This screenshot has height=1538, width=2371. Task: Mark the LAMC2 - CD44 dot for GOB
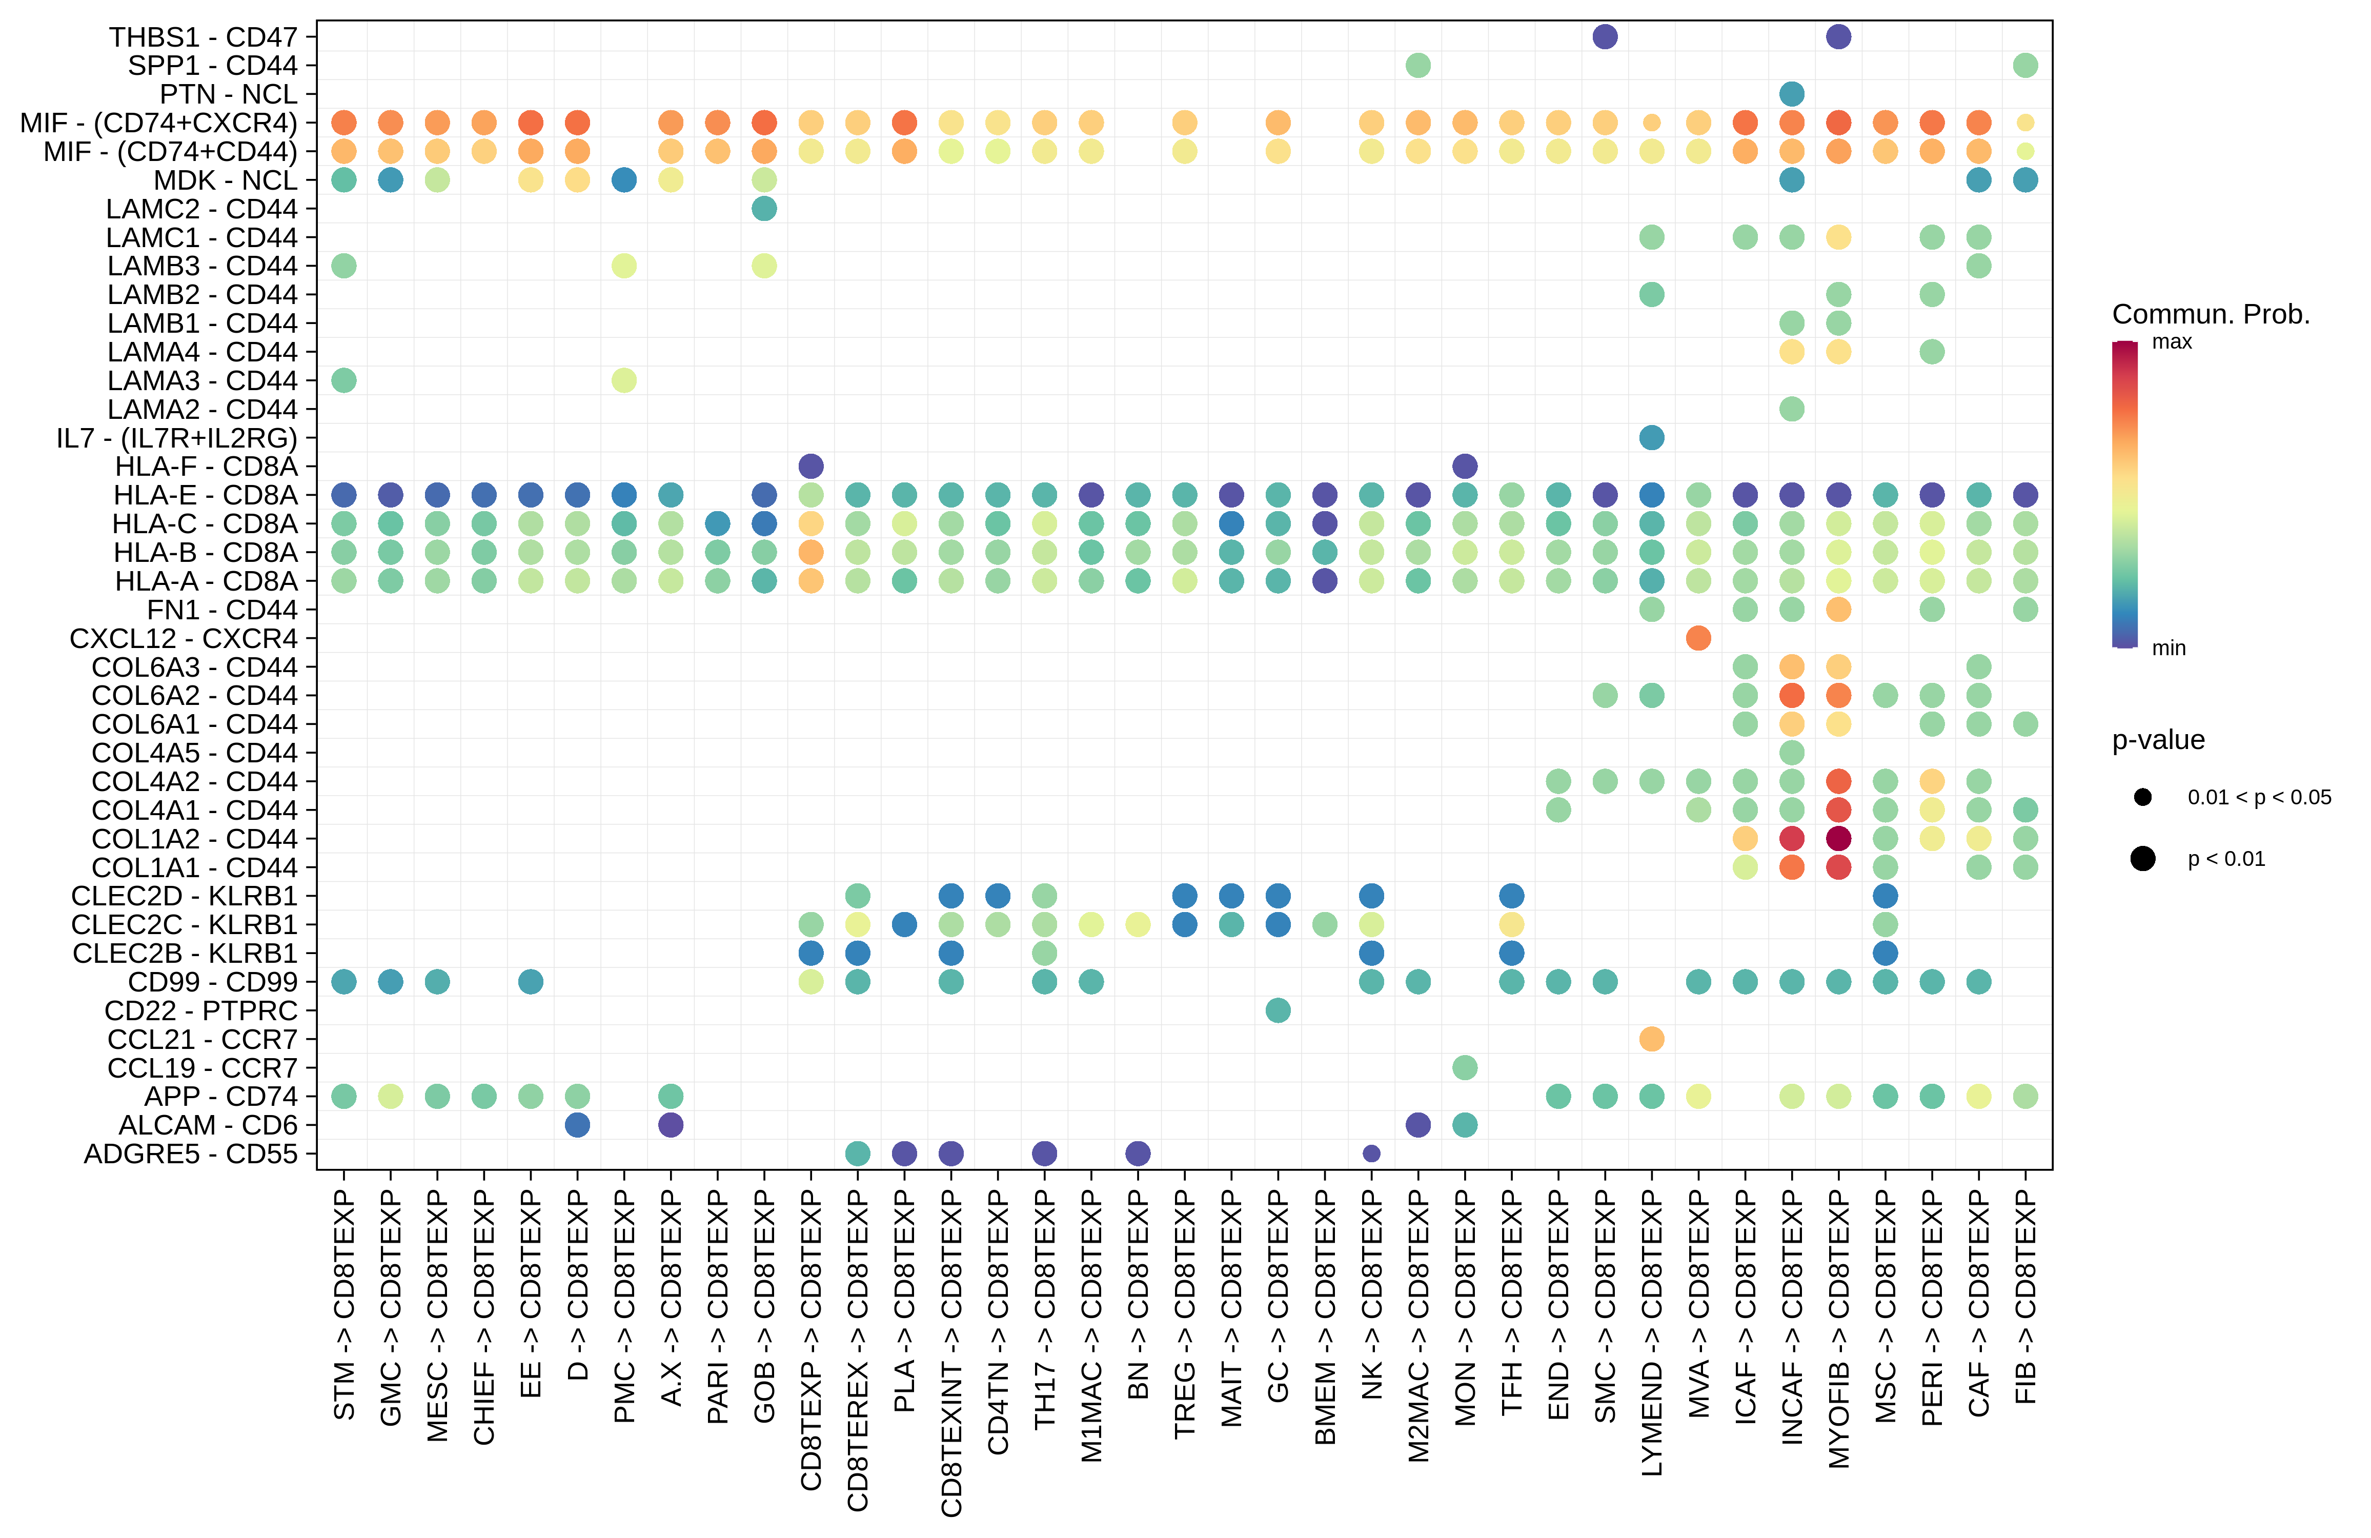coord(764,208)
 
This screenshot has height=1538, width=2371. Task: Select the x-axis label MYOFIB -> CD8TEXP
coord(1839,1330)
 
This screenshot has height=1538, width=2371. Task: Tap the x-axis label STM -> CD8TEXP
coord(343,1305)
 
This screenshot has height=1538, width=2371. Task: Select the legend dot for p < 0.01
coord(2143,859)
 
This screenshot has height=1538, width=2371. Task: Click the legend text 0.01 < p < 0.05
coord(2258,797)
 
